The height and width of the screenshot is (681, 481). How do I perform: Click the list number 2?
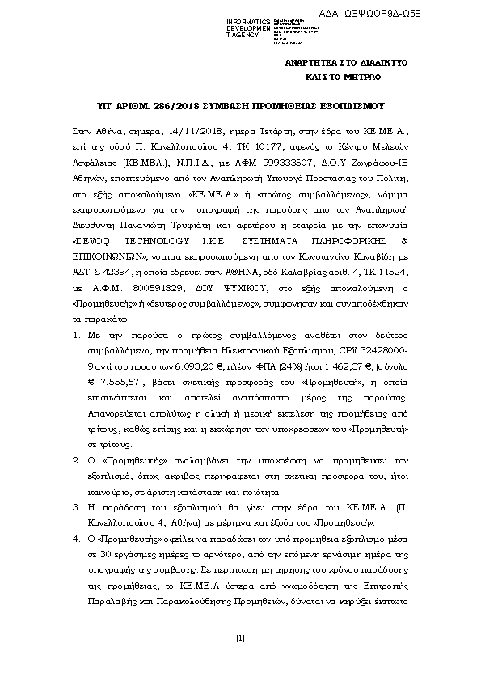pyautogui.click(x=75, y=457)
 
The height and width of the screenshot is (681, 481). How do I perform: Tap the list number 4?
pyautogui.click(x=75, y=536)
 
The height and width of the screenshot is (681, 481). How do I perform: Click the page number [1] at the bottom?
pyautogui.click(x=240, y=640)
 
